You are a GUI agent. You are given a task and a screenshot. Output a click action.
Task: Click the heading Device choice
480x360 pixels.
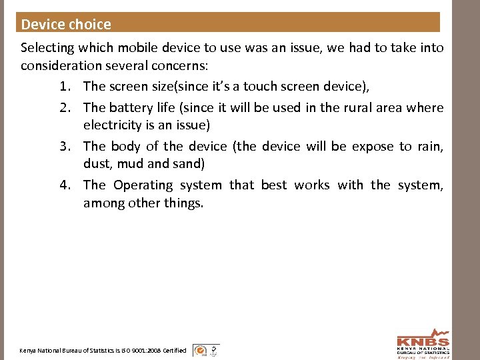[x=66, y=25]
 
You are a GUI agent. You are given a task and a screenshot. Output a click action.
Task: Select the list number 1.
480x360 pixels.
[x=65, y=86]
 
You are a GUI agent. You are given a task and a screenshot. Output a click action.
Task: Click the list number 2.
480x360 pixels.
[x=65, y=107]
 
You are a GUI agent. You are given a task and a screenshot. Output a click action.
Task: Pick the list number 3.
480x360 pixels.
[x=65, y=146]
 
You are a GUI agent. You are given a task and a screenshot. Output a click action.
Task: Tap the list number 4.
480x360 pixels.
[x=65, y=185]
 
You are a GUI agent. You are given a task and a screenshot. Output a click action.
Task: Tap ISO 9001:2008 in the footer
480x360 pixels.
[x=137, y=351]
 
